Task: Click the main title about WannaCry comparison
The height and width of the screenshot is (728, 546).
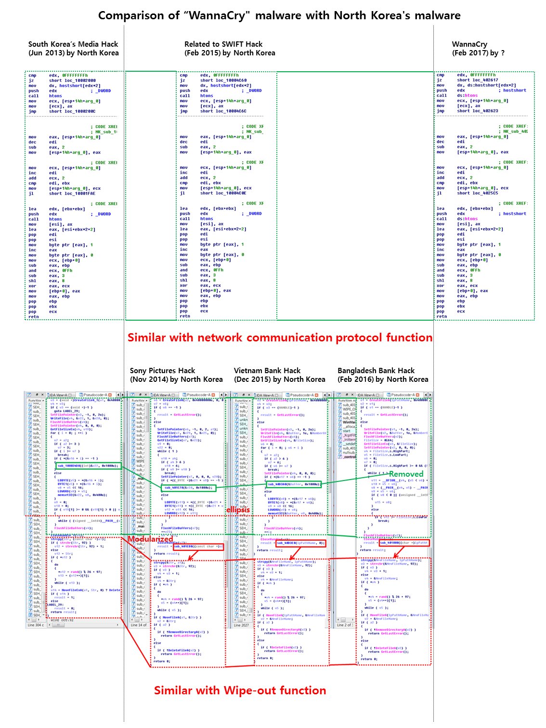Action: tap(279, 15)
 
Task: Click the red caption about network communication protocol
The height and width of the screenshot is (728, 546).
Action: tap(280, 338)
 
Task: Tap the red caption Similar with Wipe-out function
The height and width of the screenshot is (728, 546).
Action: tap(240, 690)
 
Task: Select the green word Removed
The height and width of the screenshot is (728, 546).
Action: tap(406, 474)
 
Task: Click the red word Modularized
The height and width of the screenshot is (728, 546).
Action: tap(150, 539)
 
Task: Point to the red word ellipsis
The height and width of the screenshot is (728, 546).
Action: tap(238, 509)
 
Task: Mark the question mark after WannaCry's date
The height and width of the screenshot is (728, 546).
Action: tap(503, 53)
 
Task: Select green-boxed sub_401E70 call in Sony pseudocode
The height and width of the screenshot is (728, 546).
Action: tap(189, 488)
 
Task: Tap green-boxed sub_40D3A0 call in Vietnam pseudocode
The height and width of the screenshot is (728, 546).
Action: tap(294, 484)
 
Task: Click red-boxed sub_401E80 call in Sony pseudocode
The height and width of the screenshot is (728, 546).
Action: tap(198, 546)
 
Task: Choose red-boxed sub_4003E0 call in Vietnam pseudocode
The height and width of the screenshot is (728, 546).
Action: tap(300, 543)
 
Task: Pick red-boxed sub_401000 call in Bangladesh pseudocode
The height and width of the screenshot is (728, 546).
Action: tap(404, 543)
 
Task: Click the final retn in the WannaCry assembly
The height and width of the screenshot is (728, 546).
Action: tap(442, 316)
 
